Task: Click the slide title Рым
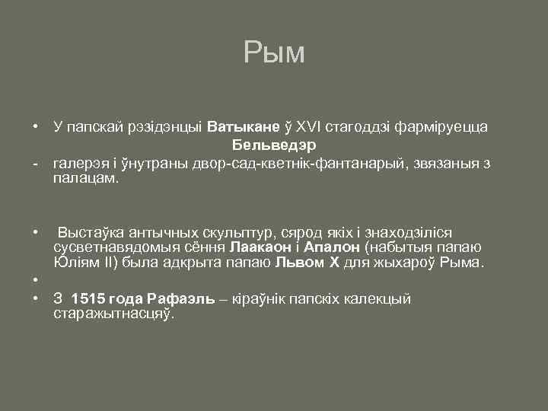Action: point(274,53)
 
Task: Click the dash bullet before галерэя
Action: point(36,162)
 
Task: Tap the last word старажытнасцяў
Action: point(115,314)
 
